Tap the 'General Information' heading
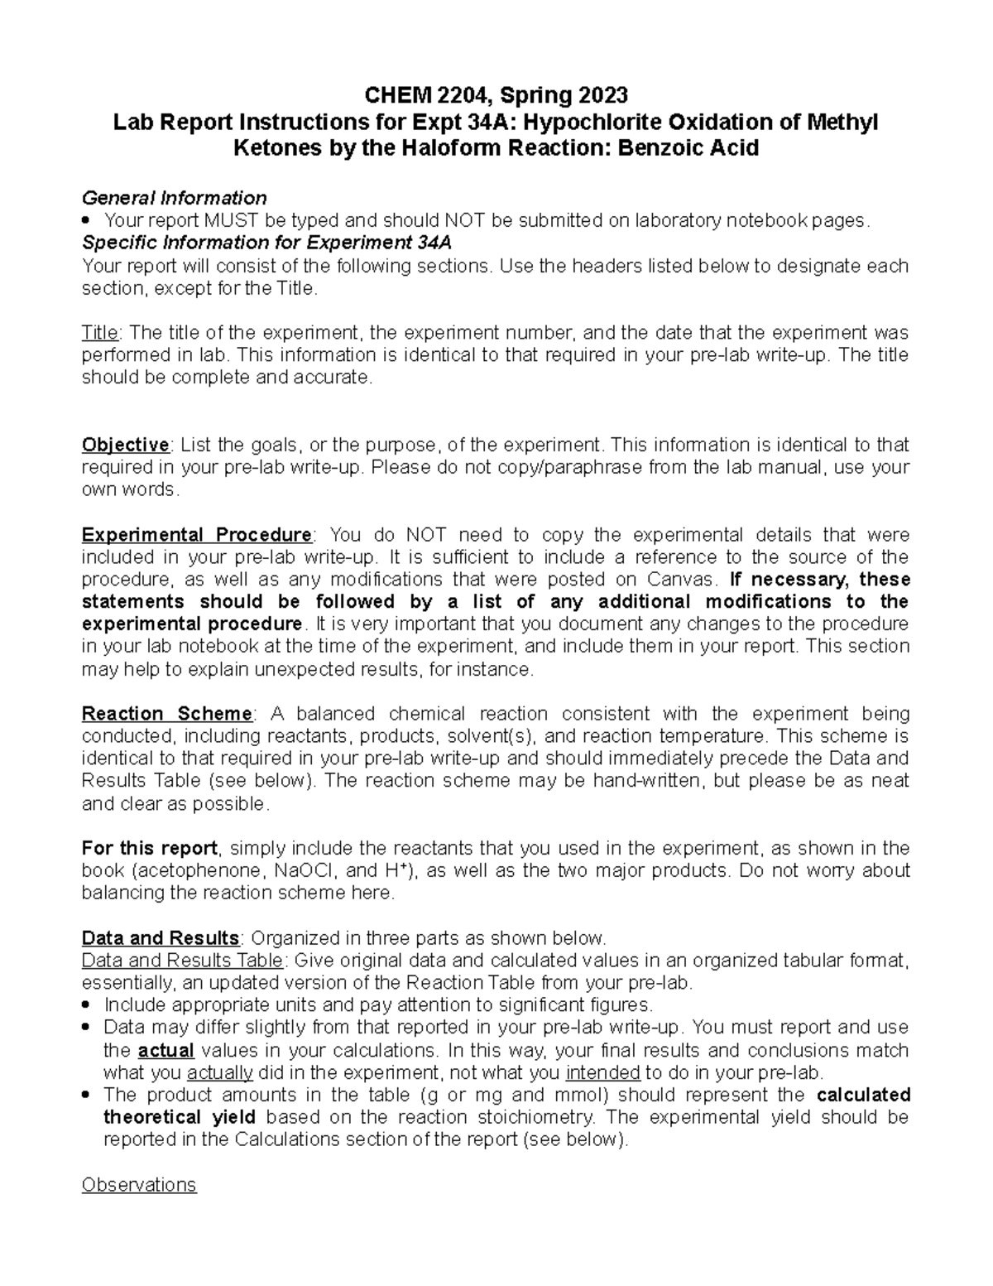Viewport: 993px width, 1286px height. point(174,198)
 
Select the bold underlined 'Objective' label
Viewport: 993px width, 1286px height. point(125,445)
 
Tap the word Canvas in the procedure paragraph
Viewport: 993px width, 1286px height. point(683,579)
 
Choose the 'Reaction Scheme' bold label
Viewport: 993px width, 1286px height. point(167,714)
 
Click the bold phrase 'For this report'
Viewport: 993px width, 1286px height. point(150,848)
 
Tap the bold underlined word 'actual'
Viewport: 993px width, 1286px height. point(165,1051)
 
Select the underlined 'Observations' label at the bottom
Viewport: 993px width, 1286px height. point(139,1185)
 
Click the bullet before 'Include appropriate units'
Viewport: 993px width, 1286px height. point(89,1005)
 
